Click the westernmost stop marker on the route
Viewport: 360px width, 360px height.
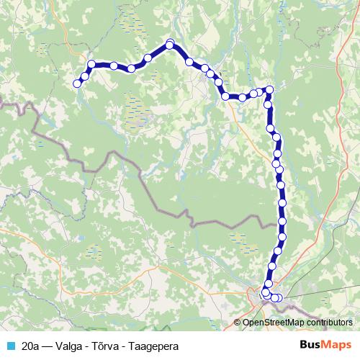tap(77, 84)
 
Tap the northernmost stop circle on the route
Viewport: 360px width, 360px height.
tap(171, 43)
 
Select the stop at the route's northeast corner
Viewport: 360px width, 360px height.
tap(269, 90)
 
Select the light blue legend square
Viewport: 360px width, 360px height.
tap(9, 346)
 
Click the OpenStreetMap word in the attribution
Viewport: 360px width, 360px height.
tap(267, 323)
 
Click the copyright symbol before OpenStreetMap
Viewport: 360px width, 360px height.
tap(238, 323)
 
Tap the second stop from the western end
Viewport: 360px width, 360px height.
tap(85, 76)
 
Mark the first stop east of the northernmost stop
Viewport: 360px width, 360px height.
tap(189, 62)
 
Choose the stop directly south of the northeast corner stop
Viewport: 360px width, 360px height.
tap(269, 104)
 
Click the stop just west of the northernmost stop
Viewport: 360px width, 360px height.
tap(148, 58)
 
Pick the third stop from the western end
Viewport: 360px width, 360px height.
tap(91, 64)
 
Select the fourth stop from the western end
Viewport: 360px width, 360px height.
tap(114, 66)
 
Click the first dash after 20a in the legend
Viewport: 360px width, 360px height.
tap(50, 346)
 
